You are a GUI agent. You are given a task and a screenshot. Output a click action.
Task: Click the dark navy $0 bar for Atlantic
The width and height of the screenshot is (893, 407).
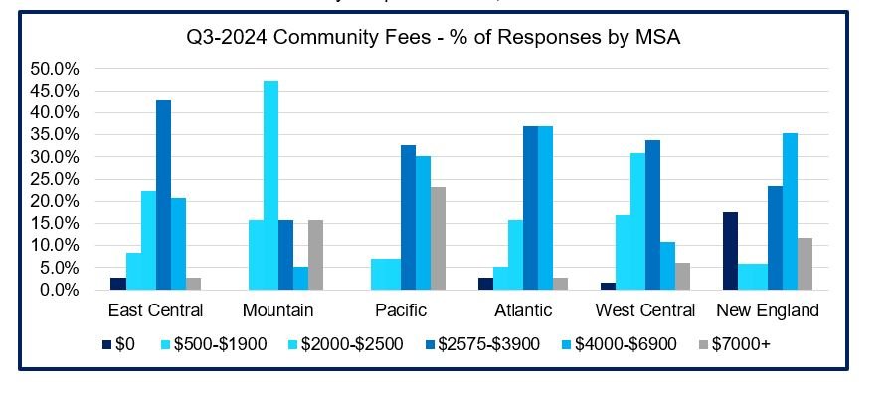[485, 284]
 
